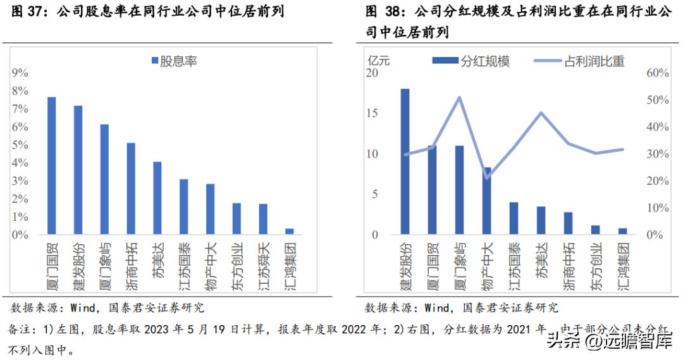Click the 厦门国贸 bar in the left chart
[x=52, y=166]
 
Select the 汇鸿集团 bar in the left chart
[x=290, y=232]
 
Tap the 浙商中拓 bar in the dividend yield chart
[x=132, y=189]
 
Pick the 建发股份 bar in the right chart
[x=405, y=161]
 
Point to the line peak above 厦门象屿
[x=459, y=97]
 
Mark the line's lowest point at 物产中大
[x=486, y=178]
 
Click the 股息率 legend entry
[x=173, y=61]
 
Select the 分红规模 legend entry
[x=471, y=61]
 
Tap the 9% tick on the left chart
[x=20, y=73]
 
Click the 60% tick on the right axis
[x=657, y=73]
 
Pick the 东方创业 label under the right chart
[x=595, y=266]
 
